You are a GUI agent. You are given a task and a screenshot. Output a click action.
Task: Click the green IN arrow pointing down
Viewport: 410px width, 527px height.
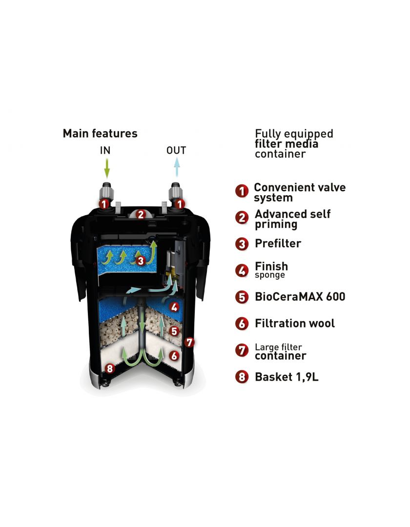coord(106,168)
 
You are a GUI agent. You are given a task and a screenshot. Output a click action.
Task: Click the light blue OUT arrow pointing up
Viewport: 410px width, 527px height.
coord(177,167)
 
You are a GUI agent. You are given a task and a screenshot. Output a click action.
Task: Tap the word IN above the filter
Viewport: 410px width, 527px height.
coord(105,150)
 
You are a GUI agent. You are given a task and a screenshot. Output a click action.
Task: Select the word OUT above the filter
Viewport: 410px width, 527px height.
coord(176,150)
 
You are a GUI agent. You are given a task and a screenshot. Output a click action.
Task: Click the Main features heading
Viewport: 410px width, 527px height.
coord(100,133)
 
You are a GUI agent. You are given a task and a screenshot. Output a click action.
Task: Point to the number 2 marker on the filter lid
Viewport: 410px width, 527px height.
coord(141,214)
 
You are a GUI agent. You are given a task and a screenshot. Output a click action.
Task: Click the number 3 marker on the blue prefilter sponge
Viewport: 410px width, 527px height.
coord(141,261)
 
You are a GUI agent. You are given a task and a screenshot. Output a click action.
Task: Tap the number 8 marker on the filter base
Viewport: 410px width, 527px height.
coord(109,369)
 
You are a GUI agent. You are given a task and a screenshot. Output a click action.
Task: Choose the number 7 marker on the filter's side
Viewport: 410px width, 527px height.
coord(189,342)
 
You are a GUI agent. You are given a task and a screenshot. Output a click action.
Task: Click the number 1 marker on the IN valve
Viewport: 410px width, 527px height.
coord(104,203)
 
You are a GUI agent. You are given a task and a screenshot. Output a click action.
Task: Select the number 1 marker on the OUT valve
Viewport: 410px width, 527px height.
coord(180,203)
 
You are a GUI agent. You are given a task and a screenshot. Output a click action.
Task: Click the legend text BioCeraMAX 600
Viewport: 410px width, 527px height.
coord(300,297)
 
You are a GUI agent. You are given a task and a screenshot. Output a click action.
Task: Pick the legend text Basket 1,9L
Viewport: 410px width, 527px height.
coord(287,377)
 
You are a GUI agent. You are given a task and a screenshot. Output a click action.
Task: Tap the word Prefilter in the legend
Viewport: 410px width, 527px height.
coord(278,243)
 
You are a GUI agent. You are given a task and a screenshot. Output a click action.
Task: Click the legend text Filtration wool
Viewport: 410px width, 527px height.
coord(295,324)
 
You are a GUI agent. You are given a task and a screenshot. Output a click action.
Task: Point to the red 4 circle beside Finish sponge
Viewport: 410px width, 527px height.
coord(242,270)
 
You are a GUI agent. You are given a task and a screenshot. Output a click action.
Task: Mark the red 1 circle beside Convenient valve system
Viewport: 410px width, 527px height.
coord(242,191)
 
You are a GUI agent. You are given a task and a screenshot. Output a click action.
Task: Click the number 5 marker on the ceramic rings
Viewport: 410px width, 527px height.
coord(174,331)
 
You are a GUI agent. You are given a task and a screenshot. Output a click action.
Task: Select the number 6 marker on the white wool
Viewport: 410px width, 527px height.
coord(174,356)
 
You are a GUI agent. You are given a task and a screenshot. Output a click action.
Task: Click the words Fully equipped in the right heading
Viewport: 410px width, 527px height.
coord(294,134)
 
